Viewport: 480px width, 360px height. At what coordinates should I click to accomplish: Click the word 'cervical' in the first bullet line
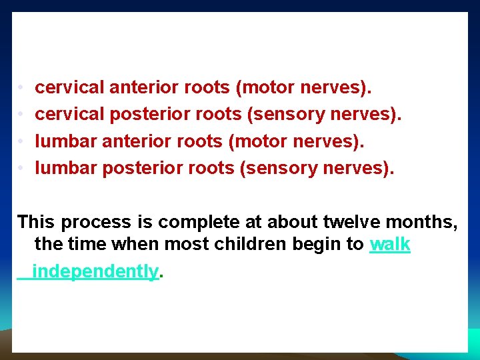pos(69,87)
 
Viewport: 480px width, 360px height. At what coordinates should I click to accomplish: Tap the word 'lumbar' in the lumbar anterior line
pos(65,141)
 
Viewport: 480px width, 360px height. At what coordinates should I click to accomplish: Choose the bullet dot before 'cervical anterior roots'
pos(21,88)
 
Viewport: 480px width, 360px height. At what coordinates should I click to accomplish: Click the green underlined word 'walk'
pos(390,245)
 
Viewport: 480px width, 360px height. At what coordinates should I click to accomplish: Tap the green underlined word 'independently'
pos(96,271)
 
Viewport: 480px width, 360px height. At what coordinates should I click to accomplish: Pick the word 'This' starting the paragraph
pos(37,221)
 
